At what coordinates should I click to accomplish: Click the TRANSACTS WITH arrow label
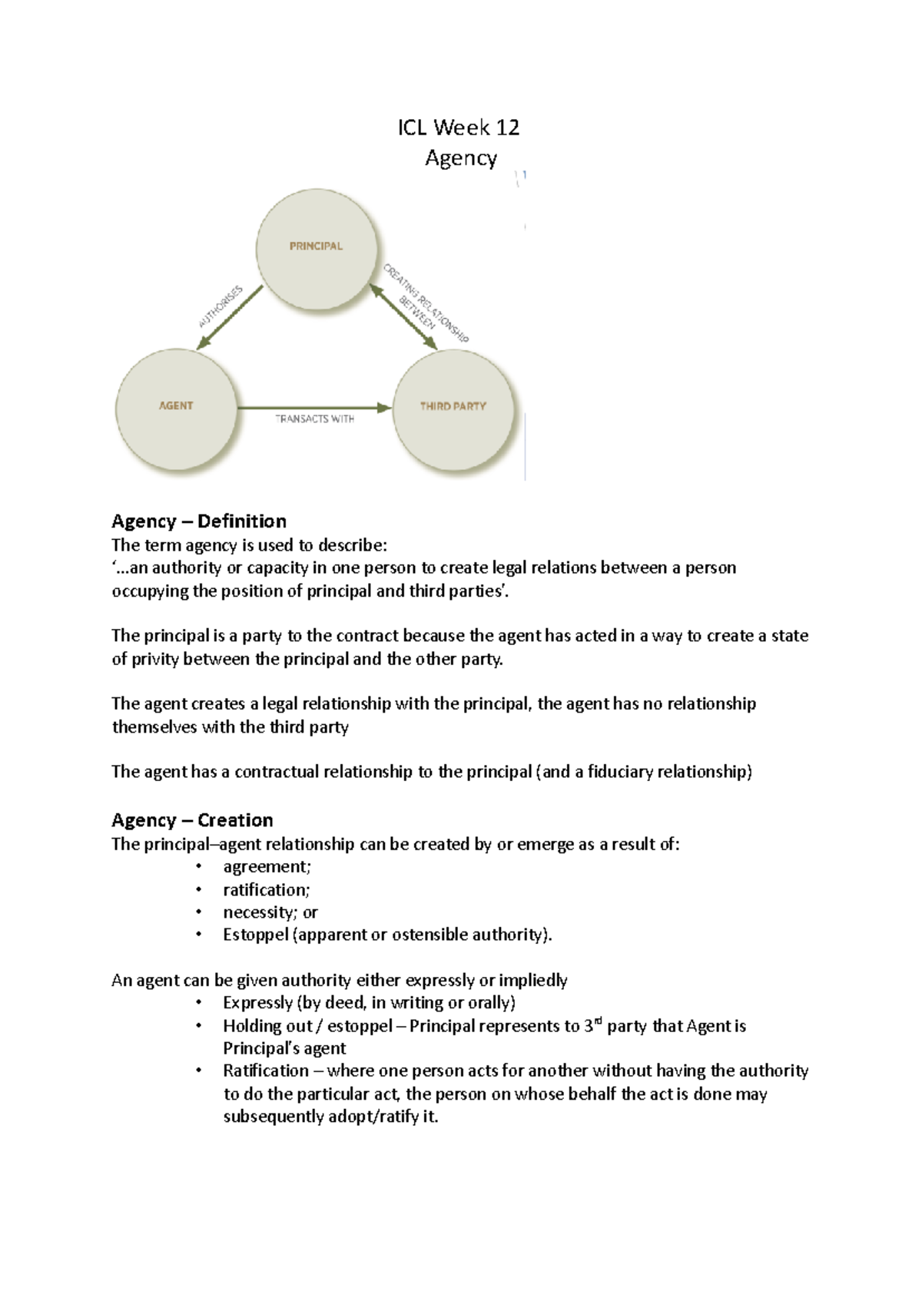tap(315, 419)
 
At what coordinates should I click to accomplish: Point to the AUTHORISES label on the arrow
tap(221, 306)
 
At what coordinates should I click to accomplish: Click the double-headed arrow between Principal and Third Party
tap(403, 317)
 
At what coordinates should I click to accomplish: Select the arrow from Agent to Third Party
tap(315, 407)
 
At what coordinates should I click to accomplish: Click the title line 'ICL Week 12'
tap(459, 127)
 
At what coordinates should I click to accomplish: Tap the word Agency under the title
tap(461, 158)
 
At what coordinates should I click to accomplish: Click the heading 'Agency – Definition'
tap(199, 521)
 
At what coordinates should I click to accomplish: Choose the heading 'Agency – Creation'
tap(192, 820)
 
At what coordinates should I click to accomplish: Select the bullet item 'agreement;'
tap(267, 867)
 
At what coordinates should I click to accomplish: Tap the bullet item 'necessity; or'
tap(270, 912)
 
